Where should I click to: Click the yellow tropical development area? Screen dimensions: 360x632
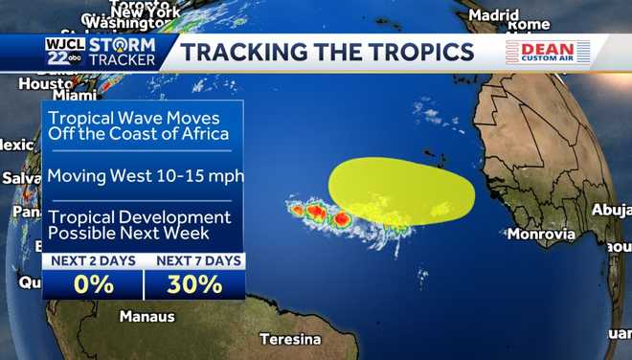[x=402, y=191]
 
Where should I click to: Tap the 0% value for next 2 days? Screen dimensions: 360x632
[x=92, y=284]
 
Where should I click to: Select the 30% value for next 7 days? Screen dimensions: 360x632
[x=194, y=284]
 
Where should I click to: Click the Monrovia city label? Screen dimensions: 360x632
[x=541, y=234]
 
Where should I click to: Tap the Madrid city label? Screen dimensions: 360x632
[x=494, y=15]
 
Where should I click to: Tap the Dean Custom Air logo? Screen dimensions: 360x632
[x=548, y=52]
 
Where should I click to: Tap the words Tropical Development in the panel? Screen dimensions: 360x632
[x=140, y=217]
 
